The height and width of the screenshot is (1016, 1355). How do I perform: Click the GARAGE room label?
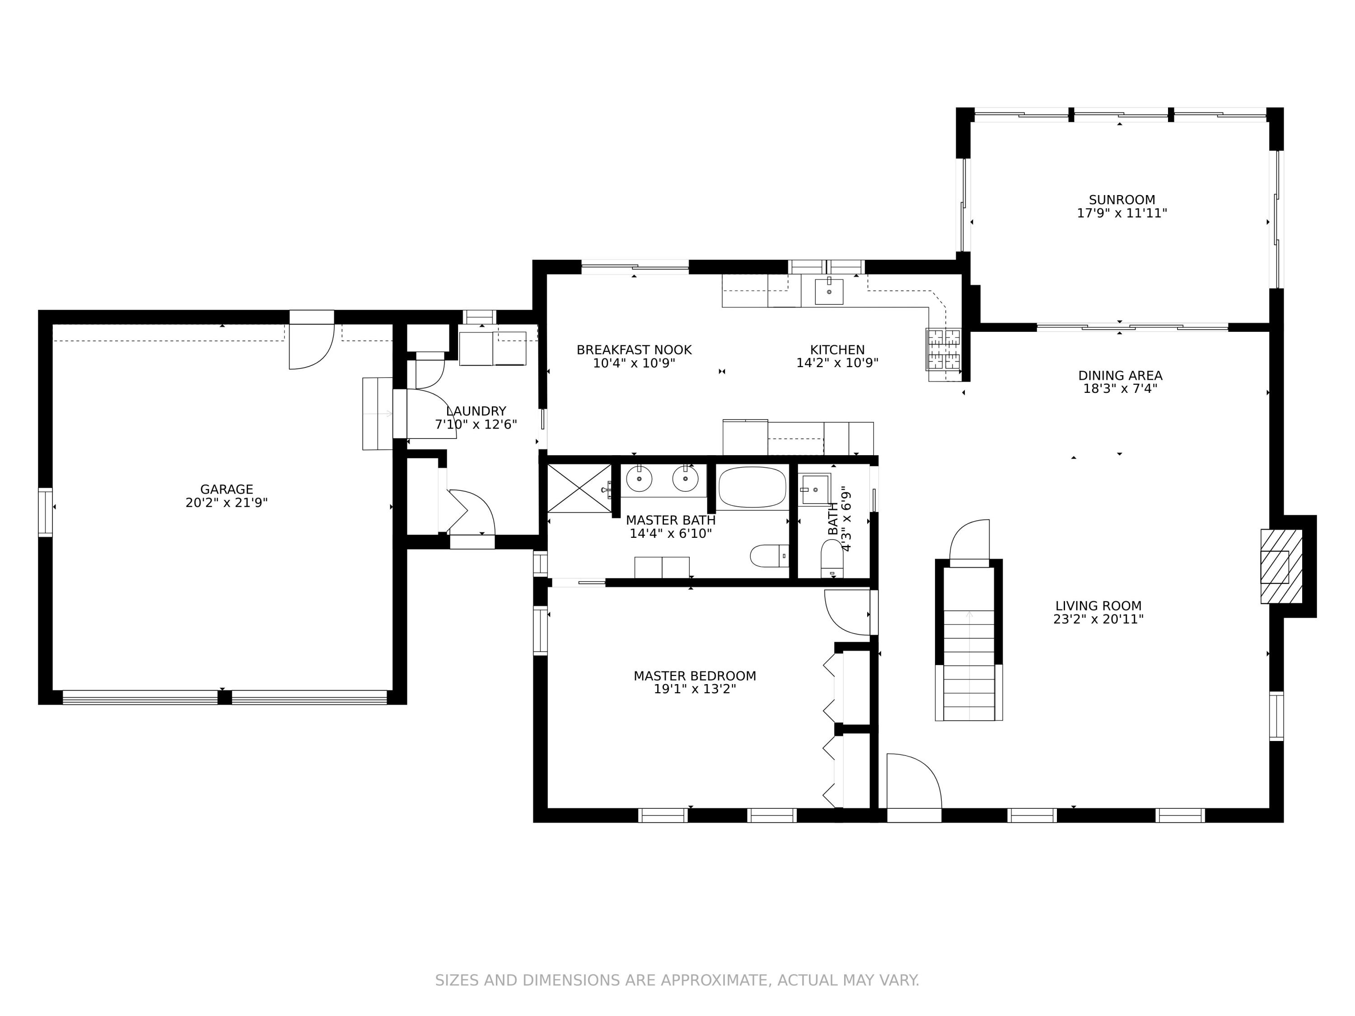(227, 489)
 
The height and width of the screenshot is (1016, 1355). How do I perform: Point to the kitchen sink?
(829, 292)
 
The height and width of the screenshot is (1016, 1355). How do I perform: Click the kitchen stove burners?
(944, 350)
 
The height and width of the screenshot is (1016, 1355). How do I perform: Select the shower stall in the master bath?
(579, 488)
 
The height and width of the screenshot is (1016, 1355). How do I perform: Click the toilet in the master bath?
(769, 556)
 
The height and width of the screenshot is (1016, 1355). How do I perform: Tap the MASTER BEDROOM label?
(695, 676)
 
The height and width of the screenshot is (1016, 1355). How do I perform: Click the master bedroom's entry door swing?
(847, 612)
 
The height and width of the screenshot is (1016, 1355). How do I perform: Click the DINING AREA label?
(1121, 375)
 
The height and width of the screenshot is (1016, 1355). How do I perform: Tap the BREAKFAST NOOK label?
(634, 350)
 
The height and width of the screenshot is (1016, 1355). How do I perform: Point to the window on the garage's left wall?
(45, 512)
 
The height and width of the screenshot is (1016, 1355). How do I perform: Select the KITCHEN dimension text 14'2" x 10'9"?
(837, 363)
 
